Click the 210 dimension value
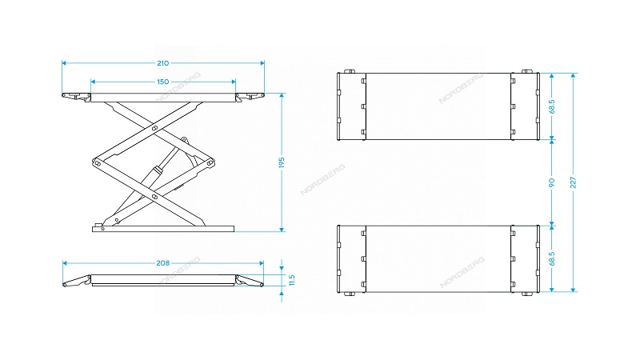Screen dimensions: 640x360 tap(163, 63)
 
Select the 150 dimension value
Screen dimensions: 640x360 tap(163, 82)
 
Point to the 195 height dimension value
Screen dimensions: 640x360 tap(282, 162)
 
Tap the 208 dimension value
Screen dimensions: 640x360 tap(163, 263)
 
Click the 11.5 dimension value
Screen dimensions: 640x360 tap(291, 280)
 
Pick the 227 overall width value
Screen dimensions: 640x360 tap(573, 182)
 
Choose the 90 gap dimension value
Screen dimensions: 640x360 tap(552, 182)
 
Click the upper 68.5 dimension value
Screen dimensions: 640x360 tap(552, 106)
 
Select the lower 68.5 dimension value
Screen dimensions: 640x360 tap(552, 258)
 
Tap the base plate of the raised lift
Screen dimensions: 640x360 tap(163, 229)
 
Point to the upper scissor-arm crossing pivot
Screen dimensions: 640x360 tap(154, 129)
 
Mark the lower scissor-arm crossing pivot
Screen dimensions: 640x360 tap(154, 197)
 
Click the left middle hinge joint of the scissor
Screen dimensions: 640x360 tap(97, 163)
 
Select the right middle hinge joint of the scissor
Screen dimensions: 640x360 tap(210, 162)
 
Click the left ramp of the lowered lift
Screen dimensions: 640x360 tap(77, 281)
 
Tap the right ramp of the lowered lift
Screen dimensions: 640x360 tap(250, 281)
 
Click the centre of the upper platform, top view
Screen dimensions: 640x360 tap(438, 106)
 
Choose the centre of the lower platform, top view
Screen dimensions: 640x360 tap(438, 258)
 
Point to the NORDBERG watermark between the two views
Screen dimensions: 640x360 tap(323, 179)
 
